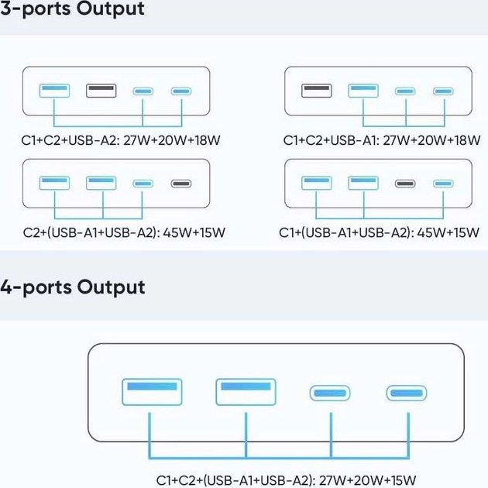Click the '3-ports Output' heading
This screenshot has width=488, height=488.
tap(73, 10)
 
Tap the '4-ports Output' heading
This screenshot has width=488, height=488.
tap(73, 287)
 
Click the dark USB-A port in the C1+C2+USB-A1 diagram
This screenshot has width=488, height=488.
tap(316, 91)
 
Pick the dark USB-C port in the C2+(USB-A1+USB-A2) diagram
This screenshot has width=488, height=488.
tap(181, 184)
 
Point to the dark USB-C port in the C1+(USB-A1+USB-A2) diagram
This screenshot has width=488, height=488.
tap(405, 184)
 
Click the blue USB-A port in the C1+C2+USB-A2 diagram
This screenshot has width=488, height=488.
tap(55, 91)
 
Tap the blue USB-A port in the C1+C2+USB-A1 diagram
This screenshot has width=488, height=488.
tap(363, 91)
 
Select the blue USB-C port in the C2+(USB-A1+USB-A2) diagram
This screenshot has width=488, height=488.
tap(143, 184)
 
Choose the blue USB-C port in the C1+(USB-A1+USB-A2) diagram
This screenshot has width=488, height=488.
tap(443, 184)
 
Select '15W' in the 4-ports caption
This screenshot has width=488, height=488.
tap(400, 479)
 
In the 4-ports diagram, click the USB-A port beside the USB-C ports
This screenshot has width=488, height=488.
tap(246, 391)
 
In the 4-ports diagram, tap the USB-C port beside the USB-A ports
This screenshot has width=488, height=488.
tap(332, 393)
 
